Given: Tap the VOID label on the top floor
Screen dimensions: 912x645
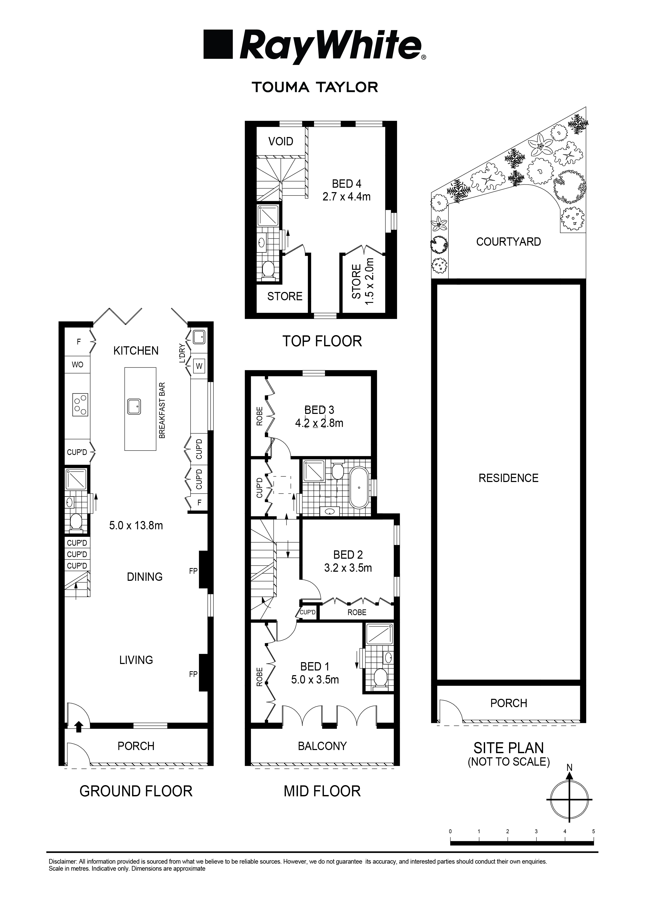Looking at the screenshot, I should (281, 141).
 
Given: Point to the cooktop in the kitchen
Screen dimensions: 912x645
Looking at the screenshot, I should (80, 405).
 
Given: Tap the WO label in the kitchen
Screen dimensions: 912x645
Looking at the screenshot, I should (77, 364).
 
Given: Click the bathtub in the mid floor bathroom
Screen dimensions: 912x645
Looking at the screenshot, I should (359, 488).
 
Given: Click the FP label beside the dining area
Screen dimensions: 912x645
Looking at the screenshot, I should (193, 571).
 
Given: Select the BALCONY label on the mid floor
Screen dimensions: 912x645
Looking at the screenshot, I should (322, 746).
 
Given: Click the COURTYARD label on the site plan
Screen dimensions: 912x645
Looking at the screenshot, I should (508, 242).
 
